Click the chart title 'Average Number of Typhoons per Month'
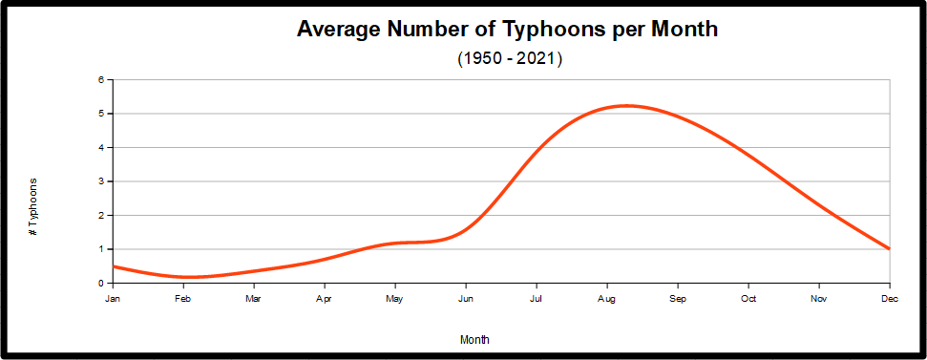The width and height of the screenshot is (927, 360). [x=507, y=30]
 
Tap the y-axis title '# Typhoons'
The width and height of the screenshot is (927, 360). [x=33, y=206]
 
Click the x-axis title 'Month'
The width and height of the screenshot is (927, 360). [x=474, y=339]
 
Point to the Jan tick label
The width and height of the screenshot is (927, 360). [x=113, y=299]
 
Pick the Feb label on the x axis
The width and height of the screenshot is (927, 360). [x=183, y=299]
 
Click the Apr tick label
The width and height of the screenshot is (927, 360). [x=325, y=299]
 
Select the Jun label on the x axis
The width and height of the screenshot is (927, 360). [x=466, y=299]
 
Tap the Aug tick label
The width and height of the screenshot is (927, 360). [x=607, y=299]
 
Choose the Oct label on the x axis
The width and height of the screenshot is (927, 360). [x=748, y=299]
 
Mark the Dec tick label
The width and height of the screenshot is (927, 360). [x=889, y=299]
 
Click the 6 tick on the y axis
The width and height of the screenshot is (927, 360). [x=100, y=80]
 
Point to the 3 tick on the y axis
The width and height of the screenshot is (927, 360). [x=100, y=181]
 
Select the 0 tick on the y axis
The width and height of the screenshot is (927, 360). [x=100, y=283]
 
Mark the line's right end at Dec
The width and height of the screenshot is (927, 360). [x=889, y=248]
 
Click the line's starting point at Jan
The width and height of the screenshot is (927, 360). [x=114, y=266]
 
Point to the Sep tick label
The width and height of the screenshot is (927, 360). [x=678, y=299]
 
